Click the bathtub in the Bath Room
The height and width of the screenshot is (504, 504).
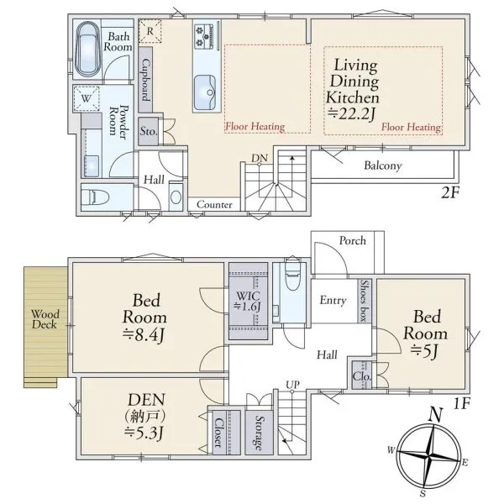pyautogui.click(x=87, y=50)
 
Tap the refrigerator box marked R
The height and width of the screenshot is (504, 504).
pyautogui.click(x=150, y=31)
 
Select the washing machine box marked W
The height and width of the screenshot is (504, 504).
pyautogui.click(x=87, y=98)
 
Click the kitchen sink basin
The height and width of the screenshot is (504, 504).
pyautogui.click(x=205, y=92)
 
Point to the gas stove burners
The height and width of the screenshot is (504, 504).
pyautogui.click(x=203, y=36)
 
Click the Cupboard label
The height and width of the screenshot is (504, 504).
pyautogui.click(x=145, y=80)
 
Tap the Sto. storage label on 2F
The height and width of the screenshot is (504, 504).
pyautogui.click(x=149, y=131)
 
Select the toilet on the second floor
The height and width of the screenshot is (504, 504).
pyautogui.click(x=96, y=197)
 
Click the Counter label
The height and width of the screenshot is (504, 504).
pyautogui.click(x=214, y=204)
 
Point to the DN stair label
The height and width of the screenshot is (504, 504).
pyautogui.click(x=260, y=158)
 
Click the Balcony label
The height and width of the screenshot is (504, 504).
pyautogui.click(x=383, y=165)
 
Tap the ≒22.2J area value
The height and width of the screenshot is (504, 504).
pyautogui.click(x=351, y=113)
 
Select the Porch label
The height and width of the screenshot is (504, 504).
pyautogui.click(x=353, y=240)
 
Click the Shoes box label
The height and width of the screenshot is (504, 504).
pyautogui.click(x=364, y=301)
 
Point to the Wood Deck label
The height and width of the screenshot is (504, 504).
pyautogui.click(x=45, y=319)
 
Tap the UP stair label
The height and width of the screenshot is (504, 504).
pyautogui.click(x=292, y=385)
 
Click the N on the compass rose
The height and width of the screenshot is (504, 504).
pyautogui.click(x=435, y=415)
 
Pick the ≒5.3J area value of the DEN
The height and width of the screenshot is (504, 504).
pyautogui.click(x=144, y=433)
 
